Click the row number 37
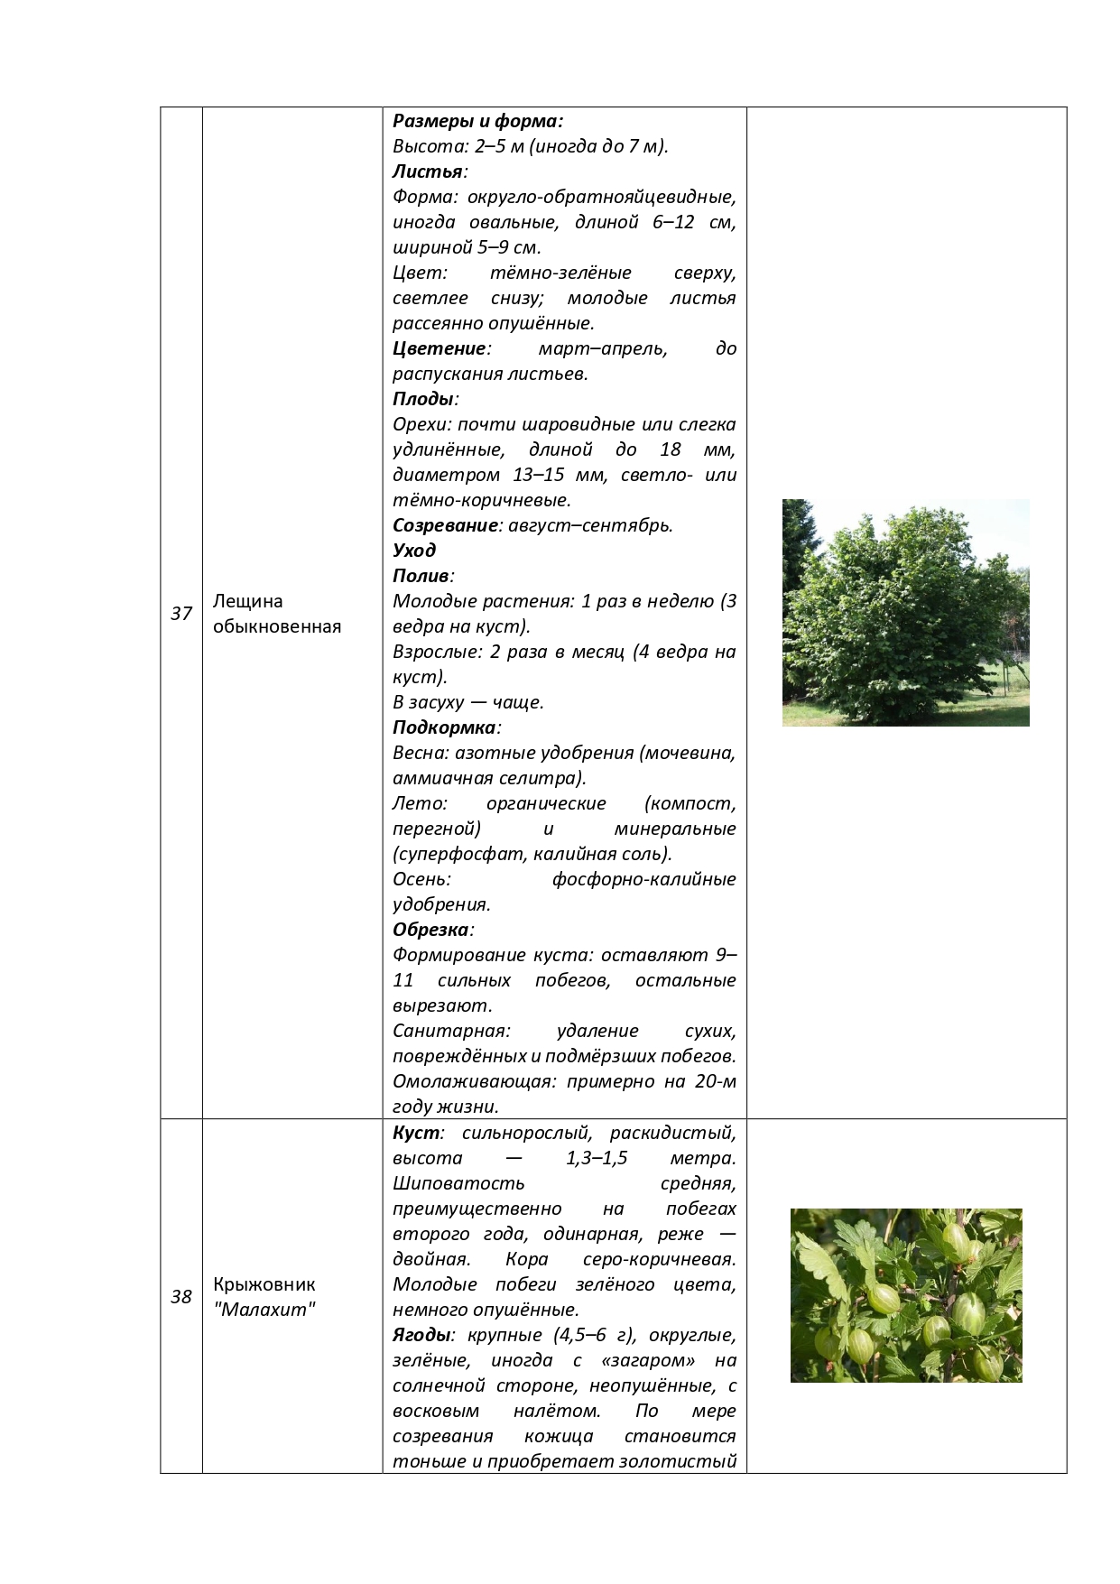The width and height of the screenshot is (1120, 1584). coord(181,614)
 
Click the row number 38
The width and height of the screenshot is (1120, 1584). coord(181,1297)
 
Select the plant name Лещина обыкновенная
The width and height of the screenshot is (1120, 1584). coord(277,614)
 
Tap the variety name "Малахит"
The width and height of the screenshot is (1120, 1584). coord(265,1310)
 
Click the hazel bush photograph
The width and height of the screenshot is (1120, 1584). coord(905,612)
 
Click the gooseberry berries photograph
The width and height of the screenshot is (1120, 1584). coord(906,1295)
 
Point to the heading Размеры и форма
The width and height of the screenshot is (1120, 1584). coord(477,121)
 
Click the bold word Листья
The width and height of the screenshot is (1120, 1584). coord(428,171)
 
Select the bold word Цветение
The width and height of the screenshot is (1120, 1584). coord(439,348)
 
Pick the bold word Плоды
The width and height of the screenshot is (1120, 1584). coord(422,399)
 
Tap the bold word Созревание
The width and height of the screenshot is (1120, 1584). coord(445,525)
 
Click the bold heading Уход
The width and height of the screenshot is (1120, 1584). coord(414,551)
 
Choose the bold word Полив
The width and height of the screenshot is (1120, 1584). coord(421,576)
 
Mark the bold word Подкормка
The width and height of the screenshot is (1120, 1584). coord(444,727)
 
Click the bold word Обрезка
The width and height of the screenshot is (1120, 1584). coord(430,930)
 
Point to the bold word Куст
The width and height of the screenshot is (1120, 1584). coord(416,1133)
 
